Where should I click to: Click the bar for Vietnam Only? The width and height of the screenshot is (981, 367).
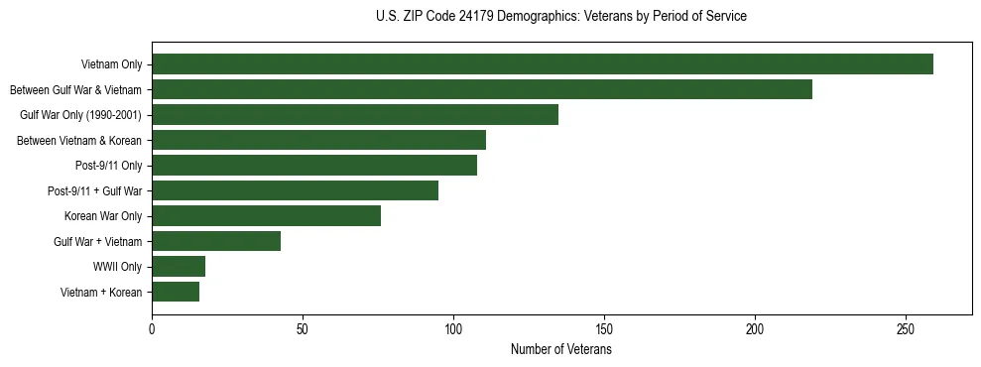point(543,64)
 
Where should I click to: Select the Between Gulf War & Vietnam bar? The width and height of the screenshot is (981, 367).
point(482,89)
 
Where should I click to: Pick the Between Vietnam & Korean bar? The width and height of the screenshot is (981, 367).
point(318,140)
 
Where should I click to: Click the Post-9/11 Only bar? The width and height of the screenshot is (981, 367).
point(314,165)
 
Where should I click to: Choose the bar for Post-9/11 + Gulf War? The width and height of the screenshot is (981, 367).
point(295,190)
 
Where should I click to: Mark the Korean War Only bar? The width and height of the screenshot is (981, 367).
point(266,216)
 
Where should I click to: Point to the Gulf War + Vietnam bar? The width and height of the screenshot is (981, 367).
point(216,241)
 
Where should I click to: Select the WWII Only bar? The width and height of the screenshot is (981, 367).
point(179,267)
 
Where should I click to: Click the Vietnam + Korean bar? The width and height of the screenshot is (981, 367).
point(176,292)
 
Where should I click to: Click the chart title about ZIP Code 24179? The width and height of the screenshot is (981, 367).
point(561,16)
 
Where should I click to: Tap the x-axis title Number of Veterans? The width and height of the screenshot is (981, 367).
point(561,350)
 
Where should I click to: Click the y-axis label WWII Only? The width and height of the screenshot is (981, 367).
point(117,267)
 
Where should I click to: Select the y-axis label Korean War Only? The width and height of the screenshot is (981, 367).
point(103,216)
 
